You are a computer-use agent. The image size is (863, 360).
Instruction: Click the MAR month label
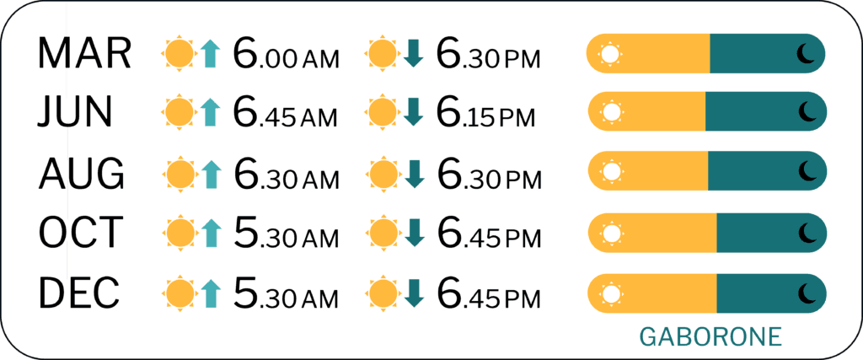(x=84, y=53)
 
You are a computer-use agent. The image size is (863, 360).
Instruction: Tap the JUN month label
(x=75, y=113)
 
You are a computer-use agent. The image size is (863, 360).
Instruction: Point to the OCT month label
(x=80, y=232)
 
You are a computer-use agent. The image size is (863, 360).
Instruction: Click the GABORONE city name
(x=711, y=337)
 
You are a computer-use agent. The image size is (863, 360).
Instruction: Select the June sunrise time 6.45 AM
(x=285, y=113)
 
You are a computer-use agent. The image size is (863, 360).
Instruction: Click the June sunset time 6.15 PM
(x=485, y=113)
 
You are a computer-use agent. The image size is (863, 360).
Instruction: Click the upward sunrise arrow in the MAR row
(x=210, y=53)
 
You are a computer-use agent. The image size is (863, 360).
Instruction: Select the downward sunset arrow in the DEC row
(x=415, y=292)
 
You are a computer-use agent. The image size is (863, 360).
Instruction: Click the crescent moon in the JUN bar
(x=807, y=112)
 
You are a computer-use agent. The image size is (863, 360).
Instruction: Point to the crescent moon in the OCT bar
(x=807, y=232)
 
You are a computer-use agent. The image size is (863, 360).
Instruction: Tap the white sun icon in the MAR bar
(x=610, y=53)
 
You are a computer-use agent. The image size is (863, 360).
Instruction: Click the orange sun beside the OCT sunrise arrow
(x=180, y=232)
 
